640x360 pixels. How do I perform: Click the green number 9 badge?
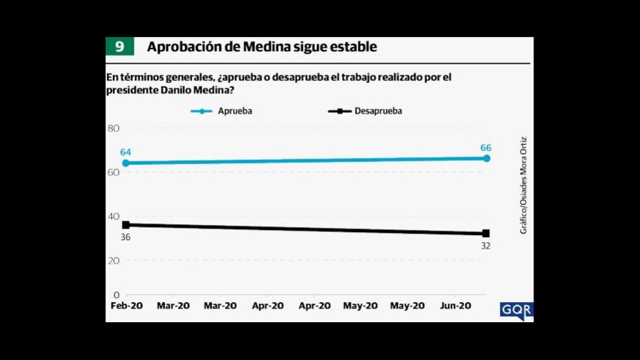tap(119, 47)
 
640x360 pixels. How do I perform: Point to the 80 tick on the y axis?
tap(113, 129)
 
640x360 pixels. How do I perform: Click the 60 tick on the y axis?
tap(113, 172)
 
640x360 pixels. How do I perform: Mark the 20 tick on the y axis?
tap(113, 261)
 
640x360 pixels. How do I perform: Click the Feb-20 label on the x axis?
tap(126, 306)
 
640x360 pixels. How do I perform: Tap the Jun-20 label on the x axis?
tap(455, 306)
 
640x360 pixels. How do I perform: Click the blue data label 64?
tap(126, 152)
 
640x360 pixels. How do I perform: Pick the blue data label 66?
tap(486, 147)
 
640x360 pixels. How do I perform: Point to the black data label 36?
tap(125, 237)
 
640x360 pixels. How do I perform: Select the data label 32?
tap(486, 246)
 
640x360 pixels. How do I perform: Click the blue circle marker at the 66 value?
tap(486, 158)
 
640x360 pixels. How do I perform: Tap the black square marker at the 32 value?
tap(486, 234)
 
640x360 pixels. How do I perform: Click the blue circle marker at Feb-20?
tap(126, 163)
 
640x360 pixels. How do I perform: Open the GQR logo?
tap(516, 311)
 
